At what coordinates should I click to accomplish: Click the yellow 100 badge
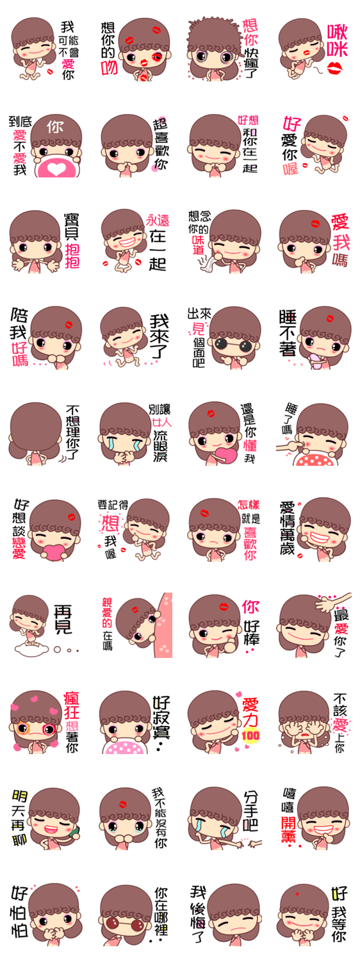click(250, 735)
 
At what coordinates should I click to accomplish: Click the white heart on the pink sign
click(55, 169)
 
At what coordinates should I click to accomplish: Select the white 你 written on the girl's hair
click(55, 127)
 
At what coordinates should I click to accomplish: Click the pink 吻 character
click(109, 67)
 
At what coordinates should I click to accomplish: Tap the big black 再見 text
click(63, 619)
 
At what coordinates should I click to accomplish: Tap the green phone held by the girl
click(74, 831)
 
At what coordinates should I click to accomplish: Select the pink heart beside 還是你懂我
click(225, 454)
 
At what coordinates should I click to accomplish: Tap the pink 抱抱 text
click(72, 256)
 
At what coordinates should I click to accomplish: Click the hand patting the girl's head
click(333, 602)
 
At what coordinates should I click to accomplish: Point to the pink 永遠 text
click(158, 221)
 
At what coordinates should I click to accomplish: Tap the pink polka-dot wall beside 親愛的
click(166, 625)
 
